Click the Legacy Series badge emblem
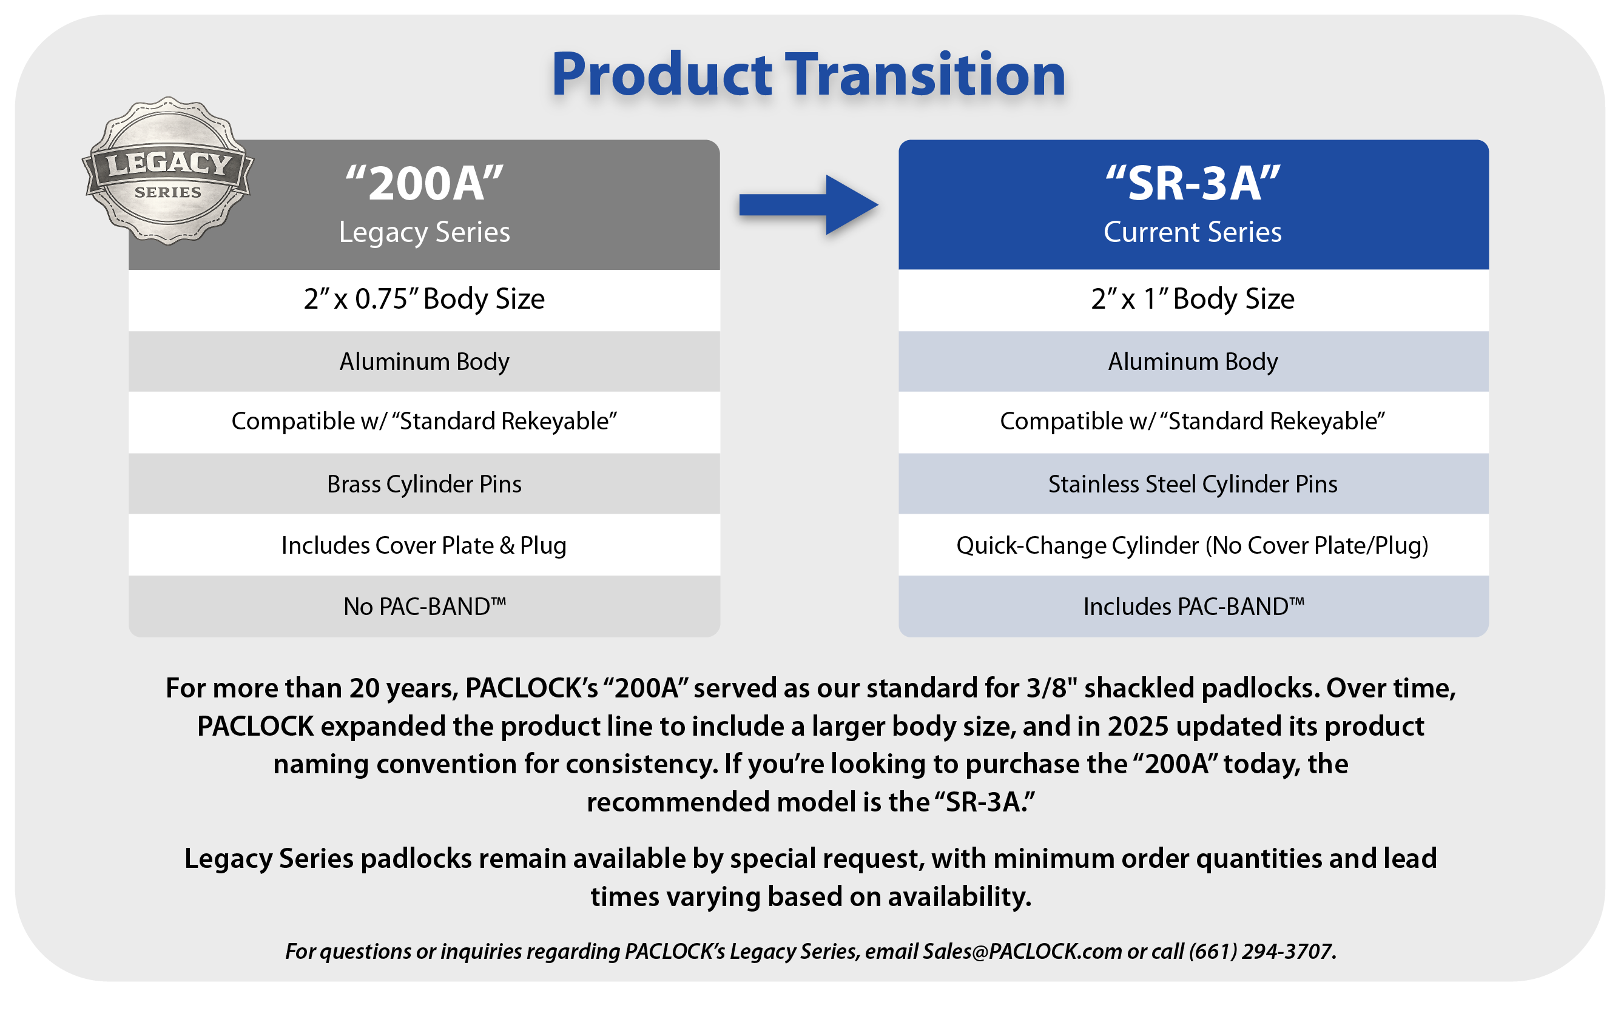[167, 171]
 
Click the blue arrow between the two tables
[808, 204]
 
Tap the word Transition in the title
[925, 74]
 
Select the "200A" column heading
[424, 183]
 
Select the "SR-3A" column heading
[1193, 183]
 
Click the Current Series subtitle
[1193, 232]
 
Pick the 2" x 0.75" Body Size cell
[424, 299]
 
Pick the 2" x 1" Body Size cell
[1193, 299]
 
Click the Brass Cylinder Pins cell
[424, 483]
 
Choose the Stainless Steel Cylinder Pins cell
[1193, 483]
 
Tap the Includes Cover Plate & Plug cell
[424, 545]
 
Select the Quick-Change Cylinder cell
[1193, 545]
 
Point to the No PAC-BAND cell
[424, 606]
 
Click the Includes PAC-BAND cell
[1194, 606]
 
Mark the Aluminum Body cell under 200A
[424, 361]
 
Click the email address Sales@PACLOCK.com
[1022, 951]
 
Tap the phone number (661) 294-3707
[1261, 951]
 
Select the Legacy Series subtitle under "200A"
[424, 232]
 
